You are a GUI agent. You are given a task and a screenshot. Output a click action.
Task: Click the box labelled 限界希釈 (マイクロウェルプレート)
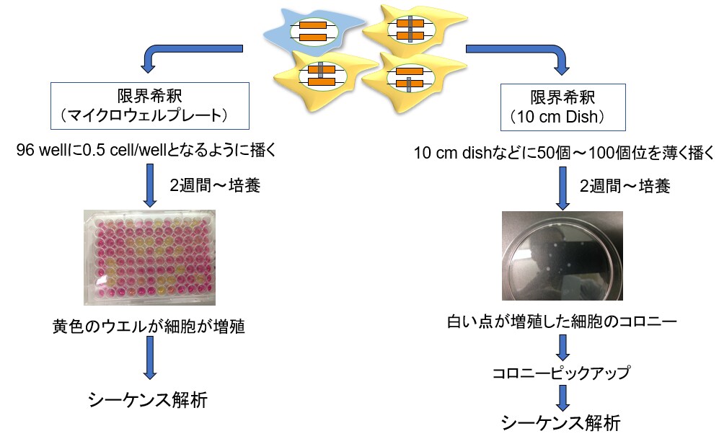[150, 106]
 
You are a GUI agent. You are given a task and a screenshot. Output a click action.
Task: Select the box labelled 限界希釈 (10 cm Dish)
[563, 107]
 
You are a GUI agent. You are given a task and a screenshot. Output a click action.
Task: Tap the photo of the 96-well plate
[149, 257]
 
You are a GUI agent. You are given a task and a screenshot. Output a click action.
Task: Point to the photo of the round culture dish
[563, 256]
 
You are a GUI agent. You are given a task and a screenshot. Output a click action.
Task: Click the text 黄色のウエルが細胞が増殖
[149, 327]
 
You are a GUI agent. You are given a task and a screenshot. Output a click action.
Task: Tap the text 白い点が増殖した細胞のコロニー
[562, 321]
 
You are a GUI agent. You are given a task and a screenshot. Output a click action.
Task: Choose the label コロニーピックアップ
[561, 372]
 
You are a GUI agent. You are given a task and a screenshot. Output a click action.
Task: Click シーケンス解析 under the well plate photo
[148, 399]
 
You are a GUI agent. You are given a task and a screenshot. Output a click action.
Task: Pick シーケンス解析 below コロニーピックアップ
[560, 422]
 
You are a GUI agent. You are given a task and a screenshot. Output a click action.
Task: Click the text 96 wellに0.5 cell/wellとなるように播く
[146, 151]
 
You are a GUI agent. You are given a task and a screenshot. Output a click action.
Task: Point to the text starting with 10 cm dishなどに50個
[563, 153]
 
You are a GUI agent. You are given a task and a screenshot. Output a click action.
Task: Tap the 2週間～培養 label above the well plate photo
[215, 185]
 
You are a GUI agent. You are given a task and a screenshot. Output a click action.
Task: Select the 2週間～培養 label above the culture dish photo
[625, 186]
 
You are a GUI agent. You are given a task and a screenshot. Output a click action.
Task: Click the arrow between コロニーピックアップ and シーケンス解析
[563, 398]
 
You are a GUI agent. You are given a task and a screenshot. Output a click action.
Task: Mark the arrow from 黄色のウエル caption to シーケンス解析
[149, 358]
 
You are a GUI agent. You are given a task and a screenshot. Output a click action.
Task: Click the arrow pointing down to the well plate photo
[150, 185]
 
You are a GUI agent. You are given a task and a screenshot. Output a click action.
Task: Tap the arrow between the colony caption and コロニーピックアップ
[563, 348]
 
